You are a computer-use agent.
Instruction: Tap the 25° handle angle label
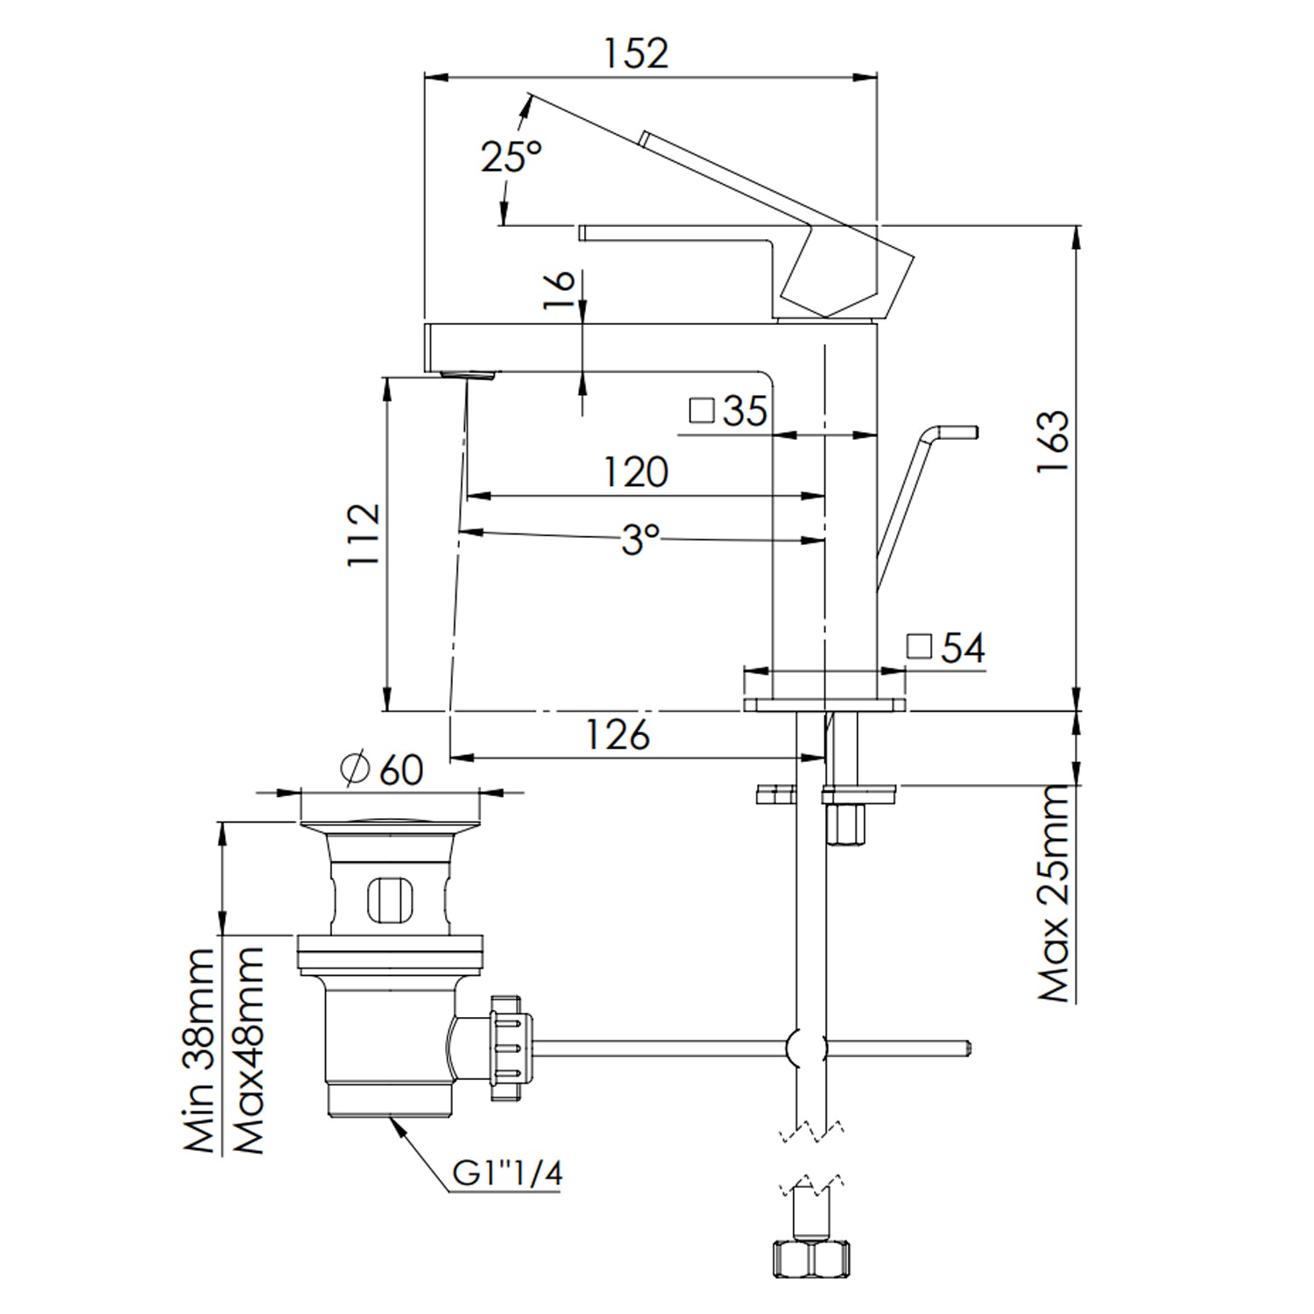point(511,157)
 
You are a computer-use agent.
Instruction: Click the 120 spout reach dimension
point(636,472)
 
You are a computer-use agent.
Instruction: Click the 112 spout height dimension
point(364,534)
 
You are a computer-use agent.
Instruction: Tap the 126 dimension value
point(618,734)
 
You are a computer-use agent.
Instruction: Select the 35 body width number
point(745,411)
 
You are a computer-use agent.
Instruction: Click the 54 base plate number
point(963,648)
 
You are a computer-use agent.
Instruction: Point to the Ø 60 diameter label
point(382,769)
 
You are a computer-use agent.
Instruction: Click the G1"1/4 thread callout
point(507,1173)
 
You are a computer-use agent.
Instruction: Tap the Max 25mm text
point(1054,894)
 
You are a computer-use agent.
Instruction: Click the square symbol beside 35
point(702,410)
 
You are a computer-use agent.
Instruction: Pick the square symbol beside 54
point(919,646)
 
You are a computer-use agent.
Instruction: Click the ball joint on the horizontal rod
point(805,1047)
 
